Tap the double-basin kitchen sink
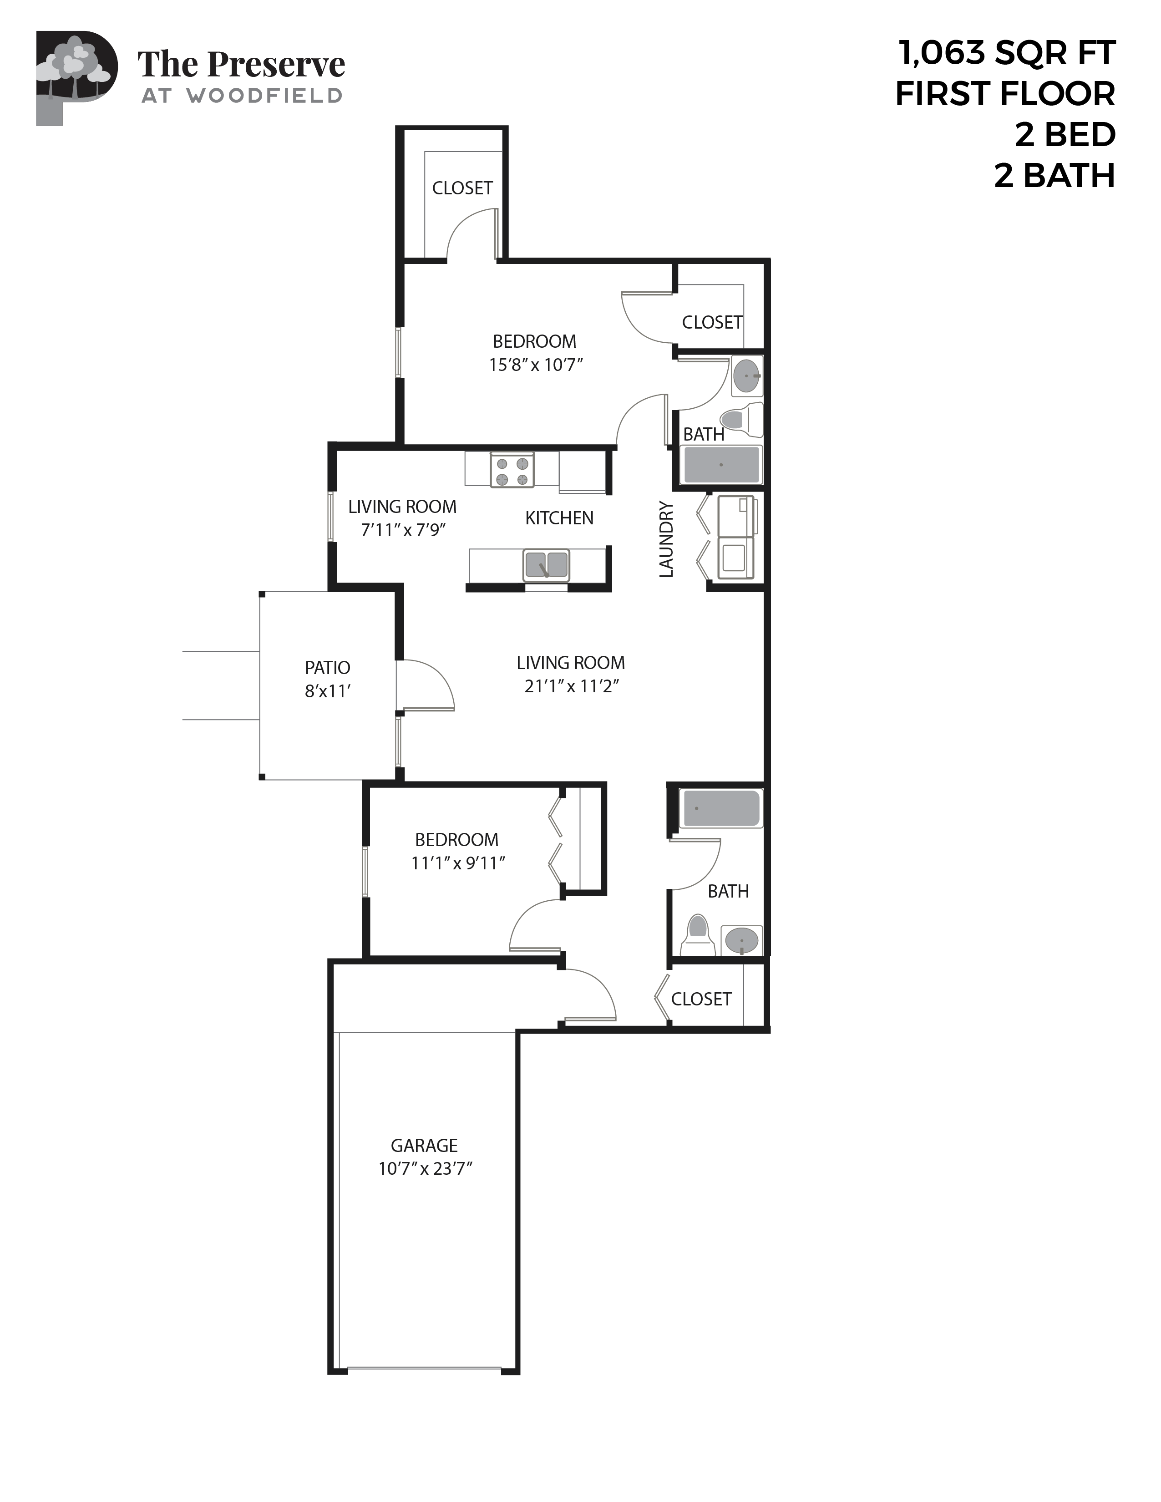coord(546,565)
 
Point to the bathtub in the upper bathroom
coord(721,465)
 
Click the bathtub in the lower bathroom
coord(720,808)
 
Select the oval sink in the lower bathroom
coord(741,939)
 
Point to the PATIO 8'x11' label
coord(327,679)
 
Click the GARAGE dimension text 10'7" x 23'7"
coord(425,1168)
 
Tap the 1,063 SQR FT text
coord(1006,53)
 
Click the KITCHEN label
coord(559,518)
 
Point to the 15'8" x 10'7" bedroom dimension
coord(536,365)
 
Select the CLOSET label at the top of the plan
coord(462,188)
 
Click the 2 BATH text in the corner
coord(1054,175)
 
